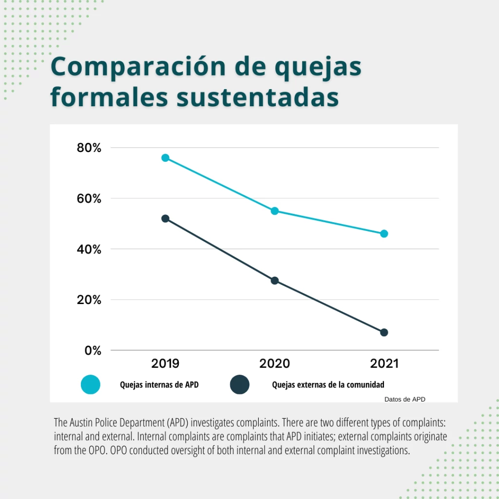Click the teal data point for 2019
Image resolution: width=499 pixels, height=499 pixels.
pos(165,158)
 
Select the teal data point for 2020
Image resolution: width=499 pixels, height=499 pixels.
pos(275,211)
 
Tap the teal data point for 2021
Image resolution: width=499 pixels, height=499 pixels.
pos(384,233)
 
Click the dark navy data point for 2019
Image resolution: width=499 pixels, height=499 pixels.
pos(165,219)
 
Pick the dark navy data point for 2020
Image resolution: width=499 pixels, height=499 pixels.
pos(275,281)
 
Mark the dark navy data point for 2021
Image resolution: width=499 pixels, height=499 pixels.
pos(384,332)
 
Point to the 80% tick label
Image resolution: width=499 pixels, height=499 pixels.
pos(89,148)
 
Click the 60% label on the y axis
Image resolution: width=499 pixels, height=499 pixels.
pos(89,198)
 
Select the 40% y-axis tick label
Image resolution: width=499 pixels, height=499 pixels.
pos(89,249)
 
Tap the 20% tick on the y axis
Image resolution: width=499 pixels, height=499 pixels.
pos(89,300)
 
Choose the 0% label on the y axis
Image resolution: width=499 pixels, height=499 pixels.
pos(93,350)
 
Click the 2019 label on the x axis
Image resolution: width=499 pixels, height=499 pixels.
pos(165,364)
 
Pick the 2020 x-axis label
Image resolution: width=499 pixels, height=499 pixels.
pos(275,364)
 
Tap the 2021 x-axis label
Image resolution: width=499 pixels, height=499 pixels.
pos(384,364)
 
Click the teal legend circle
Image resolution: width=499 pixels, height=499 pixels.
pos(91,384)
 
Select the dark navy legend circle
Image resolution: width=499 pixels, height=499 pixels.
pos(239,384)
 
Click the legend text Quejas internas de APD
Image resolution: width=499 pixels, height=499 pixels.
pos(159,384)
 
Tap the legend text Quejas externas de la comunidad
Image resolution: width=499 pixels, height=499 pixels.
pos(328,384)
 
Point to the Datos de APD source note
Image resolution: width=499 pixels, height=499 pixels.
pos(404,399)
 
